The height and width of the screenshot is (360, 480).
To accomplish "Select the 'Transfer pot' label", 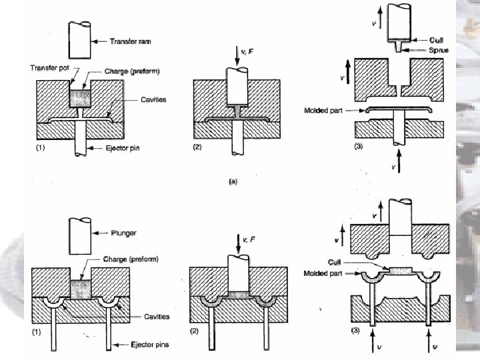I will click(47, 68).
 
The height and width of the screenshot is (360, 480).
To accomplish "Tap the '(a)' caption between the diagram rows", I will click(233, 180).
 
